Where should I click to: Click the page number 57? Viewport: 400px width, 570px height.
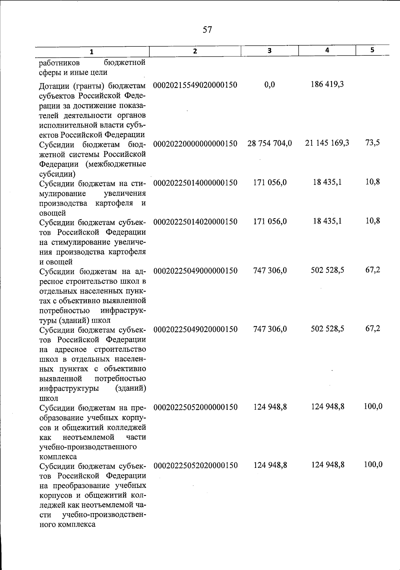pyautogui.click(x=207, y=30)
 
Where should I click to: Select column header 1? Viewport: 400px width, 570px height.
pyautogui.click(x=92, y=52)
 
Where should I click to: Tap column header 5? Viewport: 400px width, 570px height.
pyautogui.click(x=372, y=50)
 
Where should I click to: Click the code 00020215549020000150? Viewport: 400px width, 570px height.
pyautogui.click(x=195, y=85)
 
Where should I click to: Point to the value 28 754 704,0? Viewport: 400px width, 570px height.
pyautogui.click(x=269, y=144)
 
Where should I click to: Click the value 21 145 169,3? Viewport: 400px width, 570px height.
pyautogui.click(x=327, y=143)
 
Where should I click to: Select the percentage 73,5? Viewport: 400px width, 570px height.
pyautogui.click(x=372, y=143)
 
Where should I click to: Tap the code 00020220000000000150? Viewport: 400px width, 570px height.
pyautogui.click(x=195, y=144)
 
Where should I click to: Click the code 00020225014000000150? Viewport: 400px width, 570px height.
pyautogui.click(x=195, y=183)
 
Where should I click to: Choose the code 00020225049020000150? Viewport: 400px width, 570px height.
pyautogui.click(x=195, y=329)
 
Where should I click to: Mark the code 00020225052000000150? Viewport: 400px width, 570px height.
pyautogui.click(x=195, y=407)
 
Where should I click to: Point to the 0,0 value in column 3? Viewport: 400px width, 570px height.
pyautogui.click(x=269, y=85)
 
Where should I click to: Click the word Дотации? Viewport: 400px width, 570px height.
pyautogui.click(x=52, y=86)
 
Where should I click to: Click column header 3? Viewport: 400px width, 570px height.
pyautogui.click(x=269, y=51)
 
